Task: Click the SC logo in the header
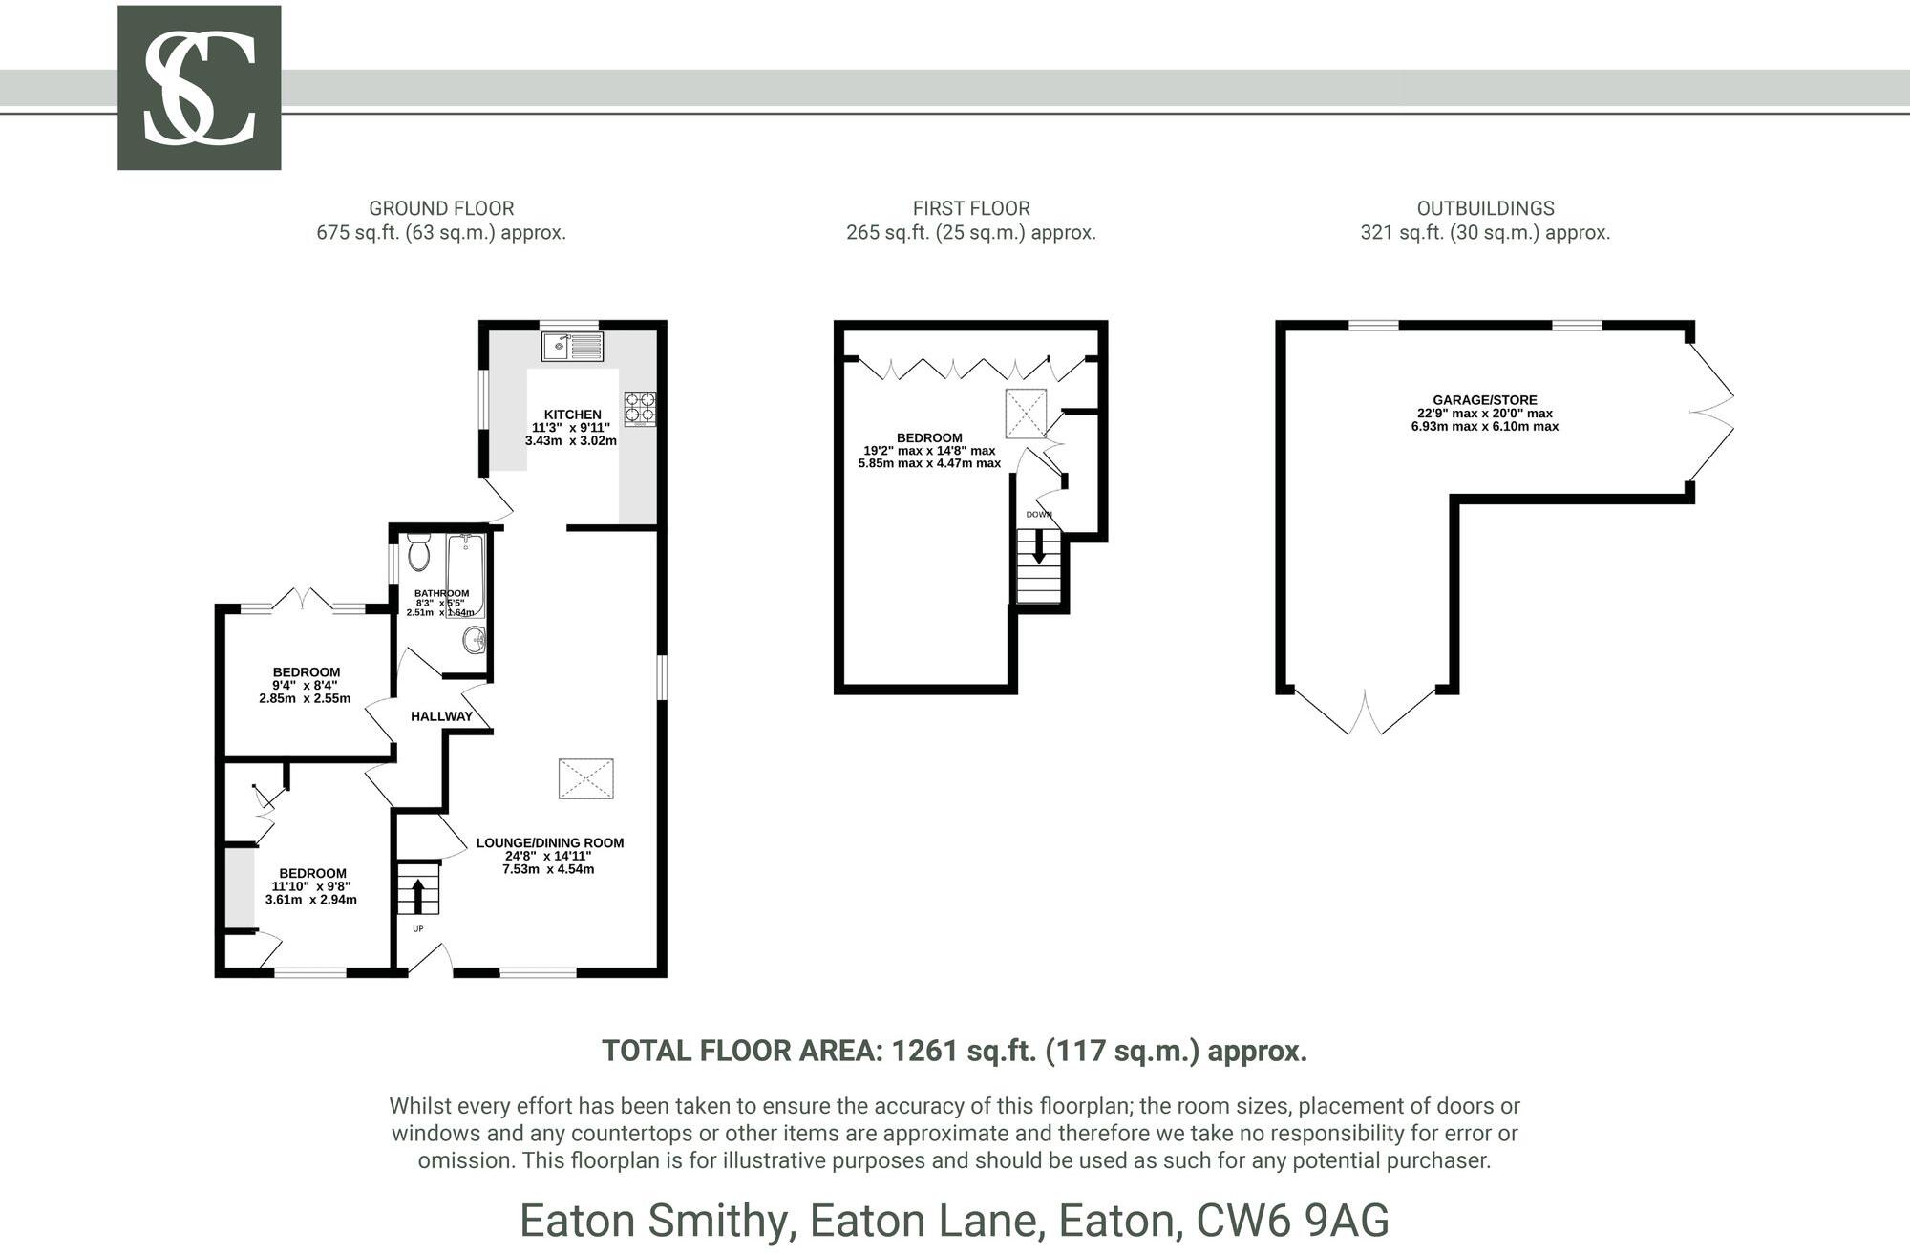tap(199, 88)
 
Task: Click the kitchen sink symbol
tap(572, 346)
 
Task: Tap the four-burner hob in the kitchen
tap(640, 409)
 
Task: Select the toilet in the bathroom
tap(418, 552)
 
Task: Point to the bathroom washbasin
tap(474, 640)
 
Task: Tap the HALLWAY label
tap(441, 716)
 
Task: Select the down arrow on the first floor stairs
tap(1039, 549)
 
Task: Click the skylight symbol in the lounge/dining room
tap(585, 778)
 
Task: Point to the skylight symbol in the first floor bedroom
tap(1026, 414)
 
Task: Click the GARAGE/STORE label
tap(1484, 400)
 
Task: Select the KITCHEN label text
tap(572, 415)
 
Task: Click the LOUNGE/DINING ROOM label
tap(549, 842)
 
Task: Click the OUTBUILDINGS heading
tap(1485, 208)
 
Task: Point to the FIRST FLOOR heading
tap(970, 208)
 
